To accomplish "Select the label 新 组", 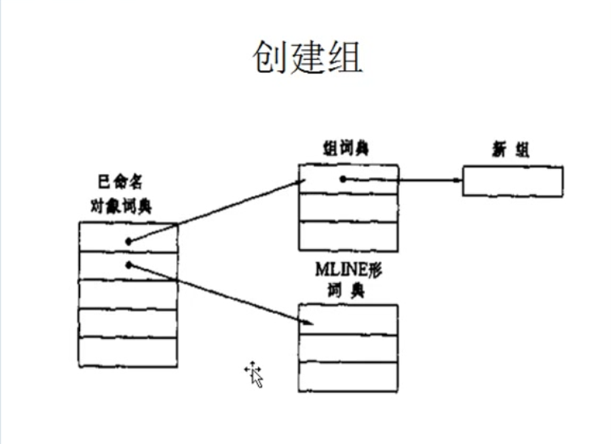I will [x=512, y=150].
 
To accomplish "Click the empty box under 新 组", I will [x=512, y=181].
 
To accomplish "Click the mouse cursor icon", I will [x=254, y=374].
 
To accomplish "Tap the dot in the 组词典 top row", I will [x=342, y=179].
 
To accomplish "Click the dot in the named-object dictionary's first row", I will [x=129, y=240].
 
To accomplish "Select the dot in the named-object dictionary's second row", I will [x=129, y=264].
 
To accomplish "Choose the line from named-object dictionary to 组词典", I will [x=214, y=211].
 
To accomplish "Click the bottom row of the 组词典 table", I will [x=348, y=235].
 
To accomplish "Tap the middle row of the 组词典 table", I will [x=348, y=207].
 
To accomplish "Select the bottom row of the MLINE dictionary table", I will [x=348, y=377].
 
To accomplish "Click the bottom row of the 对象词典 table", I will [x=129, y=353].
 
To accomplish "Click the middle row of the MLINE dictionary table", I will [x=348, y=348].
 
